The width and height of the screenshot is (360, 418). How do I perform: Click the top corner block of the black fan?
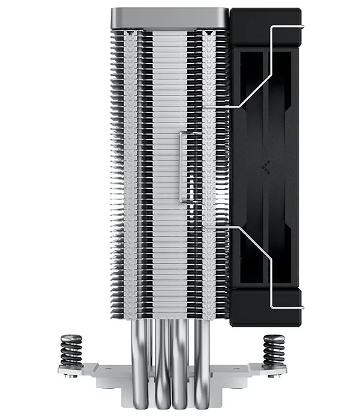point(264,27)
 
